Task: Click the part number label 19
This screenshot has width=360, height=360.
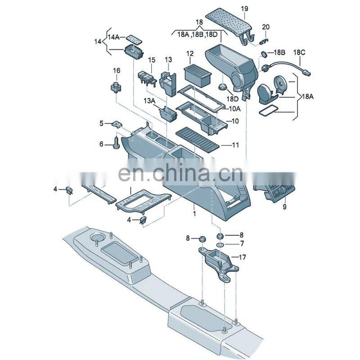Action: point(244,9)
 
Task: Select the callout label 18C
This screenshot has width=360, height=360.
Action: point(299,53)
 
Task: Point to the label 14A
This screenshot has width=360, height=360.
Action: point(114,37)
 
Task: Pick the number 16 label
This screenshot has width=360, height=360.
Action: point(117,71)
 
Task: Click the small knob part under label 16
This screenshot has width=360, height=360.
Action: point(116,87)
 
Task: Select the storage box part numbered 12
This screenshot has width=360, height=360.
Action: point(198,76)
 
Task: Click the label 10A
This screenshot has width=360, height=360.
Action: point(234,108)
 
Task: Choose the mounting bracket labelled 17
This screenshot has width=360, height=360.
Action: point(218,262)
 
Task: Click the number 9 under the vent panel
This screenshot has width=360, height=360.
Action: point(284,207)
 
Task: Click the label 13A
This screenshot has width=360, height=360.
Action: point(149,100)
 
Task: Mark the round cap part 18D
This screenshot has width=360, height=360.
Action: point(222,87)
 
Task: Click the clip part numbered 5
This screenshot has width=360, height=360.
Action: point(117,125)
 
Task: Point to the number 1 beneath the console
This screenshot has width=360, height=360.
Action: point(194,213)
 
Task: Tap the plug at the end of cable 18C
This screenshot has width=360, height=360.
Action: point(306,73)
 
